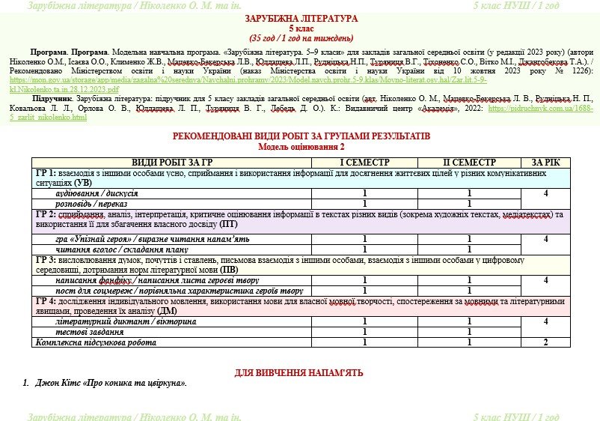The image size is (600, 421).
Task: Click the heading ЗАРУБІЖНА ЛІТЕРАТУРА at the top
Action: [x=301, y=18]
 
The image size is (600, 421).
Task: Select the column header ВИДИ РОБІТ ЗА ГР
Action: [x=172, y=163]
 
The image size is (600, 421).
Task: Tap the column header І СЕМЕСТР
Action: [x=364, y=163]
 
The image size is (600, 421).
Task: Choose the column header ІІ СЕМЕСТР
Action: [x=469, y=163]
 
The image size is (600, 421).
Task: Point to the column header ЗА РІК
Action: [x=545, y=163]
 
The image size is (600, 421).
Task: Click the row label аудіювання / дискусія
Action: [x=97, y=193]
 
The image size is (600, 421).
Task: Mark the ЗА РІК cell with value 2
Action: [x=545, y=342]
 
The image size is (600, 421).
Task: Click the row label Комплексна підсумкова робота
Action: [x=97, y=342]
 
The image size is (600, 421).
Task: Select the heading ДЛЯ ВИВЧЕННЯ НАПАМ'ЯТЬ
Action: [x=300, y=372]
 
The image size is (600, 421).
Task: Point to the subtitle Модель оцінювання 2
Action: [x=301, y=147]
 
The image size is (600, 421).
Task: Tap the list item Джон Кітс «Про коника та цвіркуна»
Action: [x=111, y=384]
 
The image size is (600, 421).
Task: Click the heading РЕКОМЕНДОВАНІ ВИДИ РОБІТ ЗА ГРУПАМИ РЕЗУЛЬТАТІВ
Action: [x=301, y=136]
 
